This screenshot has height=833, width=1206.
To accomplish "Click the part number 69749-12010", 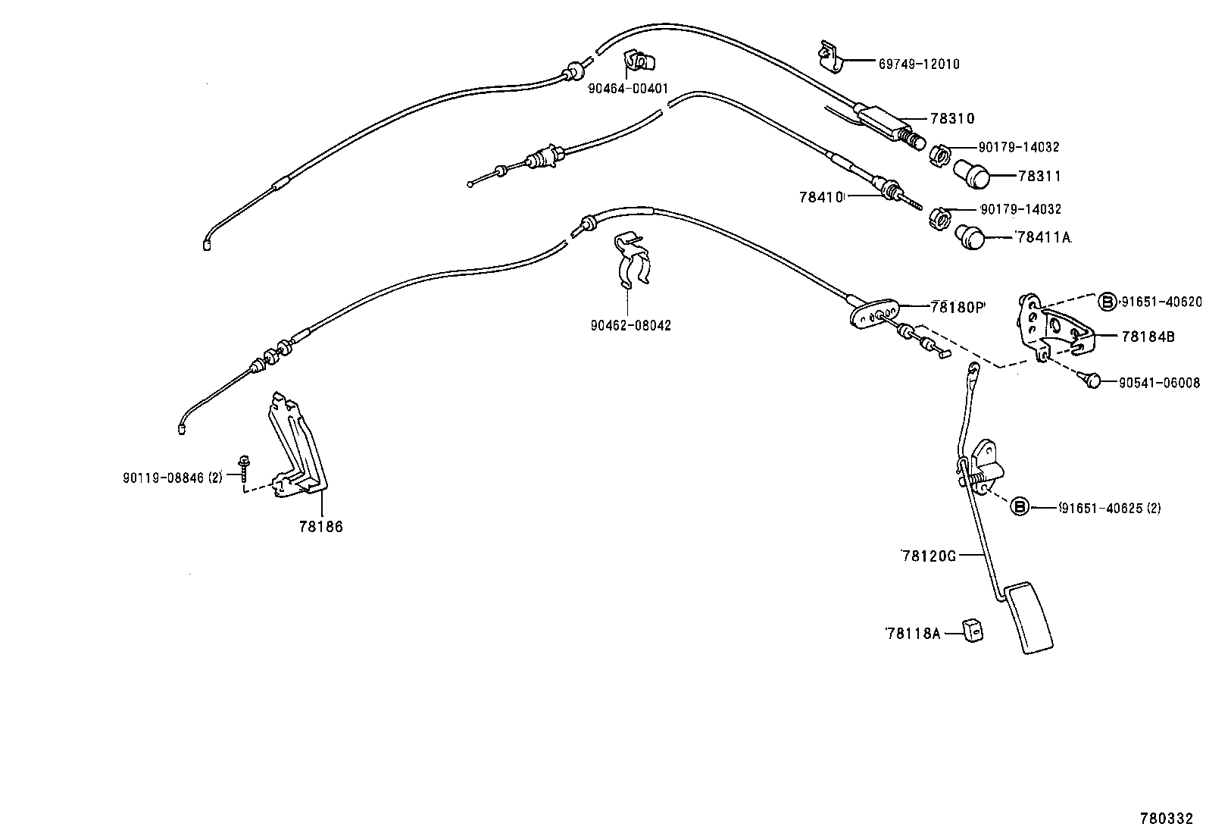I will click(918, 64).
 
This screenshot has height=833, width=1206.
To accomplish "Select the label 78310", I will click(952, 119).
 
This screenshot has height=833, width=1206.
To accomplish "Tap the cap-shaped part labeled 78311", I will click(973, 175).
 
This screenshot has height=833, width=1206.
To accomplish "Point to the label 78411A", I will click(1043, 237).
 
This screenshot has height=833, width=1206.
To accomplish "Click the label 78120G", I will click(929, 556).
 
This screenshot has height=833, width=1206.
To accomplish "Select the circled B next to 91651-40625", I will click(1020, 507).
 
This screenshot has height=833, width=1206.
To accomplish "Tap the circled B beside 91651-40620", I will click(1108, 302).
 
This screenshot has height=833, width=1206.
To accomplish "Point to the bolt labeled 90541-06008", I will click(1092, 380).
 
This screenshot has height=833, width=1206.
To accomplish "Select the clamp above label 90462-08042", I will click(633, 262).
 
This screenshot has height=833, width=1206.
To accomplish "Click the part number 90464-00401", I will click(628, 89).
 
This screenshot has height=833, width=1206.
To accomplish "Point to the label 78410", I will click(821, 197).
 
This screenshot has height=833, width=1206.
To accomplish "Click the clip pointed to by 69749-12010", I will click(831, 58).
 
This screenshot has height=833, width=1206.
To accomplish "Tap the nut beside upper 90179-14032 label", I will click(939, 155).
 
